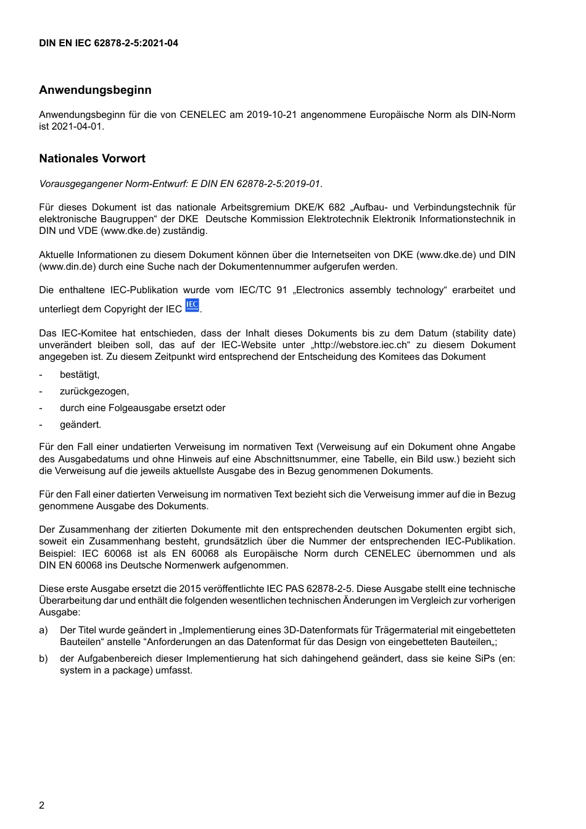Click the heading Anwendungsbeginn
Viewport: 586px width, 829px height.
pos(95,90)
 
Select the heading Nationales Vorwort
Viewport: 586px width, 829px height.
pos(92,159)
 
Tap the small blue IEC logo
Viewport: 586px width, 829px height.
pos(192,305)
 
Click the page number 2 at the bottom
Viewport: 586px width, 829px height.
pos(42,805)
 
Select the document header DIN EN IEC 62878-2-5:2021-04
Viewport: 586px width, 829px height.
pos(109,43)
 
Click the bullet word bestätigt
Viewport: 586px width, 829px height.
pos(79,375)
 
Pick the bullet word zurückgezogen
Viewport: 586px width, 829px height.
pos(94,391)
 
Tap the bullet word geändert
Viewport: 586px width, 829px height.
pos(80,425)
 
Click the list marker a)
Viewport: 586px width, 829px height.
pos(43,630)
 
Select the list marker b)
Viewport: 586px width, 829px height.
pos(43,659)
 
